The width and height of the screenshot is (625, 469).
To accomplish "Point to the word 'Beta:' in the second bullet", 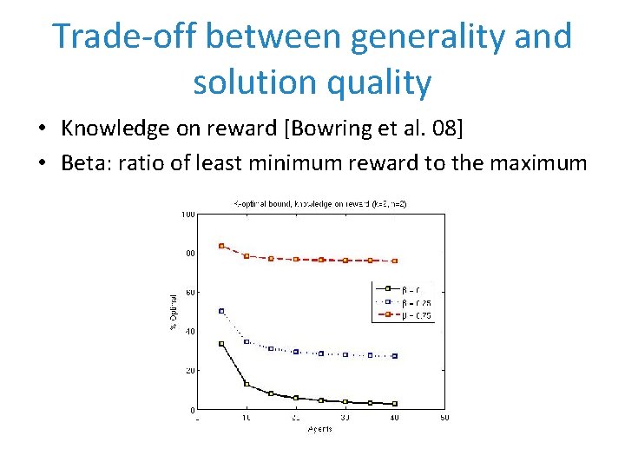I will (88, 163).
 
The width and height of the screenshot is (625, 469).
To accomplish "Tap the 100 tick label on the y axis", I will (187, 215).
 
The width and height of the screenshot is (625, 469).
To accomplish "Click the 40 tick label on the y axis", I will (189, 331).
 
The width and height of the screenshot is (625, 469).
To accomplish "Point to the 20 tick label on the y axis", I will (189, 370).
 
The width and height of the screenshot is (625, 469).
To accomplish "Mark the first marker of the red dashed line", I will (221, 246).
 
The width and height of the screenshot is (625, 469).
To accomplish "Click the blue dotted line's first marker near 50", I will (221, 311).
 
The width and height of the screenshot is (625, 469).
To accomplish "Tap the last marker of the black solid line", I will (395, 404).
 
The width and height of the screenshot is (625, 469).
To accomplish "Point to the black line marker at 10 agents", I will (247, 384).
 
